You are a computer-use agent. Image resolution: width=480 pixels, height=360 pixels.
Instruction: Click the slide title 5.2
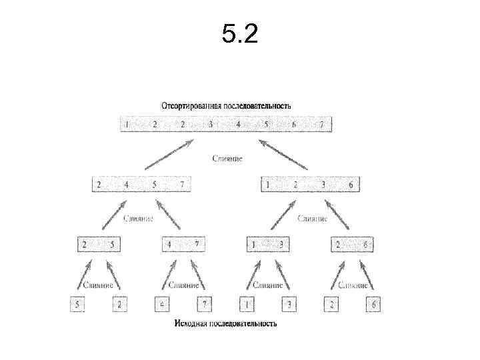click(x=239, y=34)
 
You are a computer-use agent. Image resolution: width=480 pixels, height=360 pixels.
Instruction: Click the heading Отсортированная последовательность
click(x=226, y=106)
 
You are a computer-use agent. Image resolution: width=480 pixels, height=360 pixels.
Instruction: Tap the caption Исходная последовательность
click(x=225, y=324)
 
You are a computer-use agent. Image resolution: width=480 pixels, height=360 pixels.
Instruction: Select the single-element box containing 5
click(x=79, y=305)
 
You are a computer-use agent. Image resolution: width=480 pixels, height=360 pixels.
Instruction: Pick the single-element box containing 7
click(x=205, y=305)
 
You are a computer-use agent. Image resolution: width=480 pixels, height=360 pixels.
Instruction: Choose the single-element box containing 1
click(x=247, y=305)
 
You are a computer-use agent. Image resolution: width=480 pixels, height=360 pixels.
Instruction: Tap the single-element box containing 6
click(x=373, y=305)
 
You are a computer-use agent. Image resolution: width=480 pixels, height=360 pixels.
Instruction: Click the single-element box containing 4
click(x=163, y=305)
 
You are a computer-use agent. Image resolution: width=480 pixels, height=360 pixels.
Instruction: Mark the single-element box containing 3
click(x=289, y=305)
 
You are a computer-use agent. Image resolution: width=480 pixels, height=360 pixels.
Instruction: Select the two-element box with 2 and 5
click(x=99, y=245)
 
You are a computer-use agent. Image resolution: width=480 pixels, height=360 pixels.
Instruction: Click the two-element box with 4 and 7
click(x=183, y=245)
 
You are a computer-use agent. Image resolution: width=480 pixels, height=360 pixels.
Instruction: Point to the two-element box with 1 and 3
click(x=267, y=245)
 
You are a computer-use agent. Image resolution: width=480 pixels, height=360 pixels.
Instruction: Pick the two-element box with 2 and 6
click(x=351, y=245)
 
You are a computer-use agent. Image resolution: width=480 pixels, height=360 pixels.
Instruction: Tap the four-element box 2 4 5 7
click(x=141, y=185)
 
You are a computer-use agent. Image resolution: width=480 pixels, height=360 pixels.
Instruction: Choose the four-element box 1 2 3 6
click(x=309, y=185)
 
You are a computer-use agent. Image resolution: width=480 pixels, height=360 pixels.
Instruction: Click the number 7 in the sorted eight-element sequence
click(x=321, y=125)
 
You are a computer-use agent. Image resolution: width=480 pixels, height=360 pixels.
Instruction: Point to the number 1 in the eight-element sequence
click(x=127, y=125)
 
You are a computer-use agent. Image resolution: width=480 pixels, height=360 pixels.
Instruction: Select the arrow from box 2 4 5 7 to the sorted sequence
click(x=169, y=154)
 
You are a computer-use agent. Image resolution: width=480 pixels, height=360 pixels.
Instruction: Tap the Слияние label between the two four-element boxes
click(x=227, y=159)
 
